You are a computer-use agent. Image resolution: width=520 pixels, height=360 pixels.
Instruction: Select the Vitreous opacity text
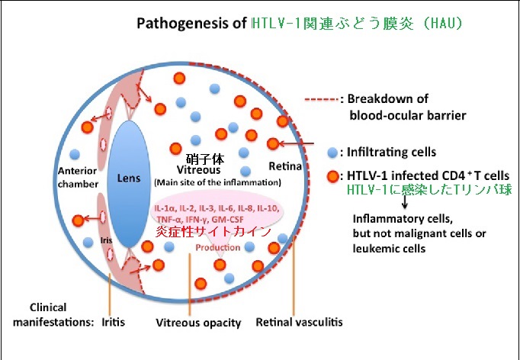tap(199, 322)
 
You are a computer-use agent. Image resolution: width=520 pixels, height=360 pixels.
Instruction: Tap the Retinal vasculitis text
tap(300, 322)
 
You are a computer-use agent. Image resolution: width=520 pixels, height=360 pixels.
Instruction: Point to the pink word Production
tap(218, 248)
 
